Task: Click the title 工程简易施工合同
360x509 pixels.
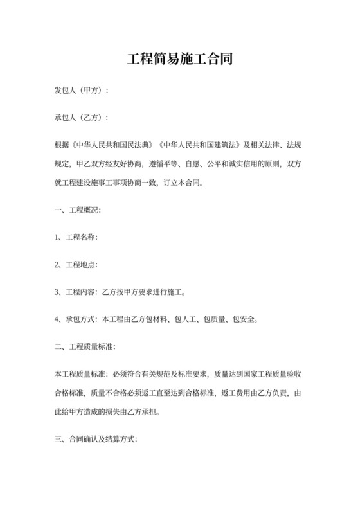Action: coord(179,60)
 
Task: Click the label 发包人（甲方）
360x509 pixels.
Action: coord(80,91)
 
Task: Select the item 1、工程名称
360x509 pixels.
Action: coord(76,237)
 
